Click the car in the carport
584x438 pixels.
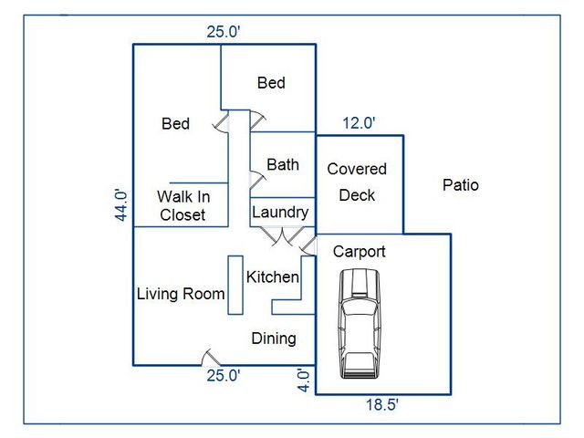(360, 324)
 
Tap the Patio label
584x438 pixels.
(460, 185)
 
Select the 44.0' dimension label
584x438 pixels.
(121, 205)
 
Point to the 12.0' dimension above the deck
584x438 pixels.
(359, 123)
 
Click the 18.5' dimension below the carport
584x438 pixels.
(381, 404)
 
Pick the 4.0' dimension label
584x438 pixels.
(304, 381)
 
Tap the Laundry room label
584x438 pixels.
(280, 213)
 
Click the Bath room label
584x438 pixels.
(283, 164)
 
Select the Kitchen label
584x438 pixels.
(272, 277)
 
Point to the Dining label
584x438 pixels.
(274, 339)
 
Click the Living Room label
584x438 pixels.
(181, 294)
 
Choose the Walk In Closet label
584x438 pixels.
(182, 205)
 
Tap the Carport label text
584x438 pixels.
(359, 252)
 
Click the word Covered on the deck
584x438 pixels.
(357, 169)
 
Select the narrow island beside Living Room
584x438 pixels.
(235, 285)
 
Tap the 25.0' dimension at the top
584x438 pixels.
(224, 32)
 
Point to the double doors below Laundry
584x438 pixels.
(283, 235)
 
